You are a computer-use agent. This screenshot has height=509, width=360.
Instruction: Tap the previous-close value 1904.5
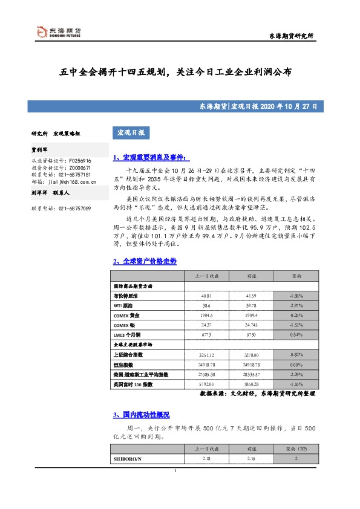point(206,316)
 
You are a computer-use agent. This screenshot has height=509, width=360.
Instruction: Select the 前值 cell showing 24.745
point(252,325)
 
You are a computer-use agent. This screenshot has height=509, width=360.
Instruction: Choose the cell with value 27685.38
point(206,375)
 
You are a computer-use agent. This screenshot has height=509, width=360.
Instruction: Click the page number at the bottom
point(175,471)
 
